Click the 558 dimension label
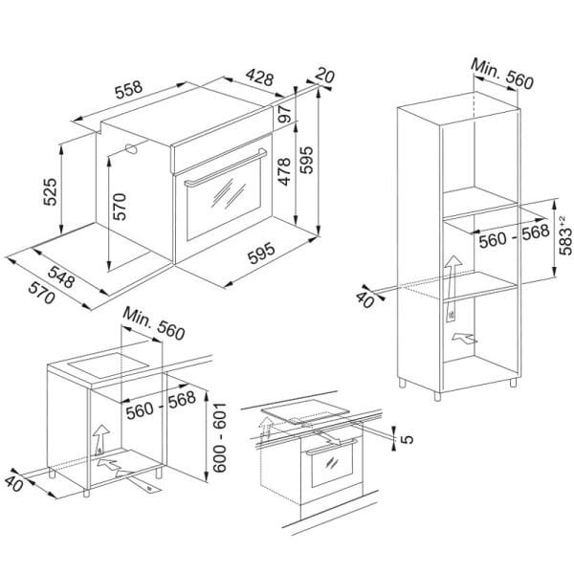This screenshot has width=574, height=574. pyautogui.click(x=128, y=90)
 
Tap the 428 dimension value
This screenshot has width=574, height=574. pyautogui.click(x=259, y=77)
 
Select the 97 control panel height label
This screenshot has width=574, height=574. pyautogui.click(x=285, y=114)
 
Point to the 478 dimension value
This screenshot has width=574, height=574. pyautogui.click(x=284, y=171)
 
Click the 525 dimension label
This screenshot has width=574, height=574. pyautogui.click(x=50, y=192)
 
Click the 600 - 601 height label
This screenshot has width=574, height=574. pyautogui.click(x=220, y=437)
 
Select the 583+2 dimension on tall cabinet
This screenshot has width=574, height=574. pyautogui.click(x=565, y=235)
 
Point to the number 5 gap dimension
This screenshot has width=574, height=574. pyautogui.click(x=408, y=438)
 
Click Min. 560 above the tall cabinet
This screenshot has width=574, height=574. pyautogui.click(x=502, y=74)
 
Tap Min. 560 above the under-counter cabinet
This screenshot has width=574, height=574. pyautogui.click(x=154, y=323)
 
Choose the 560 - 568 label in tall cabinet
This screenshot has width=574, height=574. pyautogui.click(x=515, y=236)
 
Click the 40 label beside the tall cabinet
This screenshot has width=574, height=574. pyautogui.click(x=365, y=300)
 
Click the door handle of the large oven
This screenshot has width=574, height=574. pyautogui.click(x=226, y=168)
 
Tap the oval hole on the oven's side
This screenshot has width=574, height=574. pyautogui.click(x=131, y=148)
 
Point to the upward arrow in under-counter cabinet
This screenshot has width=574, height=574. pyautogui.click(x=100, y=440)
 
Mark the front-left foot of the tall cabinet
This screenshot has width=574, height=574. pyautogui.click(x=437, y=396)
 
